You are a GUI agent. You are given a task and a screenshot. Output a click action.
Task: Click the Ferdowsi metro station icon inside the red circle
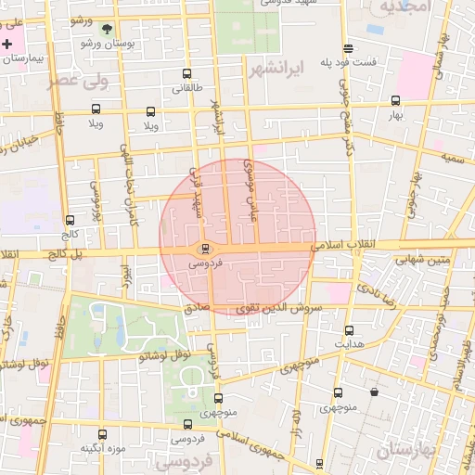pyautogui.click(x=204, y=249)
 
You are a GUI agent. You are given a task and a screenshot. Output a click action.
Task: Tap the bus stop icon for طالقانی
pyautogui.click(x=187, y=74)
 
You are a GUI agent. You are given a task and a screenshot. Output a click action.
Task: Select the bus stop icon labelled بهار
pyautogui.click(x=396, y=101)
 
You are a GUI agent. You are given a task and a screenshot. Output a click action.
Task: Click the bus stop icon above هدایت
pyautogui.click(x=349, y=330)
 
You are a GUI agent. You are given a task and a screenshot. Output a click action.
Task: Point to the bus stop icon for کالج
pyautogui.click(x=71, y=221)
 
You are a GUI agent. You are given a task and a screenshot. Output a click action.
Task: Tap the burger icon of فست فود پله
pyautogui.click(x=348, y=48)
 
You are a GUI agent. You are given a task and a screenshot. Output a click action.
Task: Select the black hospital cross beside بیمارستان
pyautogui.click(x=7, y=44)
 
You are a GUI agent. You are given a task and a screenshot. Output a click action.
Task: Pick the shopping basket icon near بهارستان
pyautogui.click(x=374, y=392)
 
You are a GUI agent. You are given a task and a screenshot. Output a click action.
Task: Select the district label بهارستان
pyautogui.click(x=405, y=452)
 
